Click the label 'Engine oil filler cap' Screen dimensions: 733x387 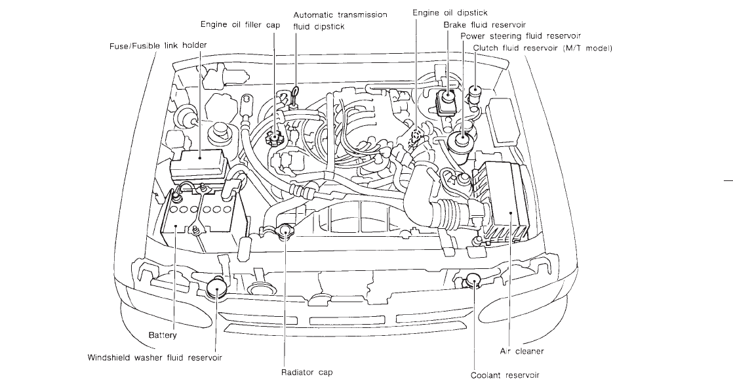point(240,25)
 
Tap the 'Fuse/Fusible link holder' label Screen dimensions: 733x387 point(158,46)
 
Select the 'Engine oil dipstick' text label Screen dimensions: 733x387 point(450,13)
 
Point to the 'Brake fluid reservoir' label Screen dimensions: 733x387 point(485,25)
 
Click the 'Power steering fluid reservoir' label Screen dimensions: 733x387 point(521,36)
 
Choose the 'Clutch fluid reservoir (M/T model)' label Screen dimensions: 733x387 point(542,48)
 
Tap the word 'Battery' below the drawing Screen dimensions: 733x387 point(163,336)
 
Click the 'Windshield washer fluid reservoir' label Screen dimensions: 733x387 point(155,358)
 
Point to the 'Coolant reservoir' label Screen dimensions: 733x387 point(505,375)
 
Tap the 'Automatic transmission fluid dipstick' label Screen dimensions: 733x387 point(340,20)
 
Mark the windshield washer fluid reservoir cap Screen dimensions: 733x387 point(217,287)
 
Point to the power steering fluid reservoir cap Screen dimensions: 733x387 point(462,138)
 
